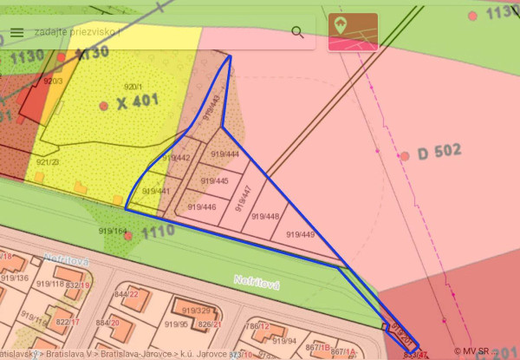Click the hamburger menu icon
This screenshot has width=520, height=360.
17,32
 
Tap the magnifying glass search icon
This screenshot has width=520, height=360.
297,32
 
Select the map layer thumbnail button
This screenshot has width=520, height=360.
352,31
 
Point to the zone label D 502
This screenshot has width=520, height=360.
439,153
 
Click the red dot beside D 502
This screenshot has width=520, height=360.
405,156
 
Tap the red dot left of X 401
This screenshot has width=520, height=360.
104,106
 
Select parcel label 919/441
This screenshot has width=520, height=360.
156,191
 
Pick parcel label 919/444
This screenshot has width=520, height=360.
225,154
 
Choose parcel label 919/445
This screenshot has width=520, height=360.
214,181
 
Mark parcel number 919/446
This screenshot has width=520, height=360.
202,207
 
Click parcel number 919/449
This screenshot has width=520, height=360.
300,234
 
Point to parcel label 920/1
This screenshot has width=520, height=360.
133,86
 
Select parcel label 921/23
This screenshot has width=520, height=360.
48,161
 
